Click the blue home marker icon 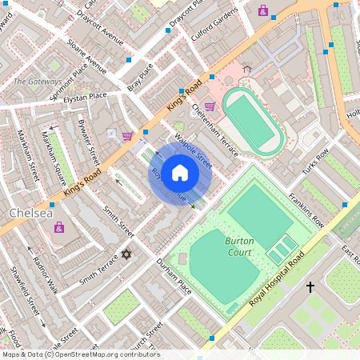click(x=180, y=173)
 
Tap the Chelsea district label click(x=30, y=214)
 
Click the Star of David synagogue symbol click(x=125, y=254)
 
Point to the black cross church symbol click(x=310, y=286)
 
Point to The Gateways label click(x=38, y=82)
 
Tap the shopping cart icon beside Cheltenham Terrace click(x=210, y=106)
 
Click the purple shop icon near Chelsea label click(x=58, y=227)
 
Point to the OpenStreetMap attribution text click(x=80, y=354)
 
